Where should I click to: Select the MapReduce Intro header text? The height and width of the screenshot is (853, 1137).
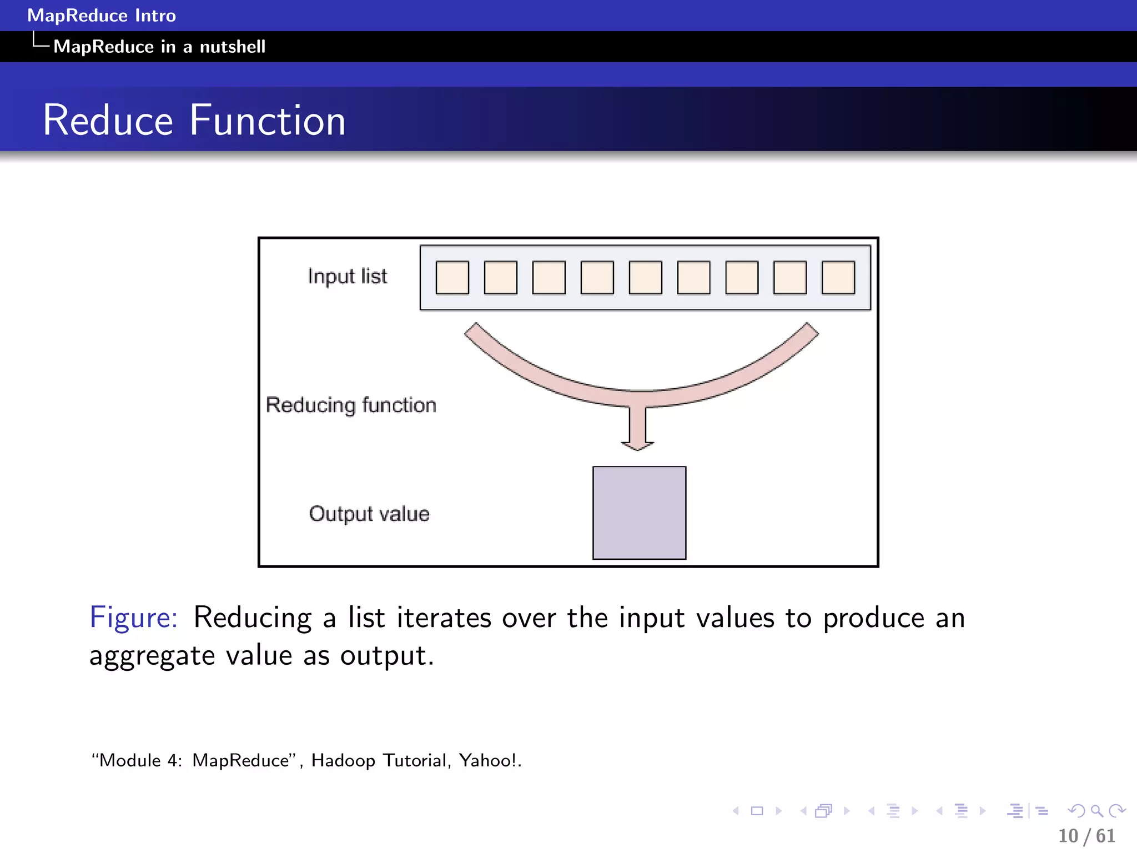(x=102, y=16)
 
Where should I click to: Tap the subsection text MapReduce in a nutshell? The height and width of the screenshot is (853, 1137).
(x=159, y=47)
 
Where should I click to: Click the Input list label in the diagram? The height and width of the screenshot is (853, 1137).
(x=348, y=276)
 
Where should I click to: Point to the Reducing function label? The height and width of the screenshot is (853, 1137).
(x=351, y=405)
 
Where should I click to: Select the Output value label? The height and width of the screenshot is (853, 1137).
(x=369, y=514)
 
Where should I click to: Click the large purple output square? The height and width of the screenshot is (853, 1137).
(x=639, y=513)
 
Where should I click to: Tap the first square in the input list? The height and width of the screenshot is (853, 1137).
(x=452, y=277)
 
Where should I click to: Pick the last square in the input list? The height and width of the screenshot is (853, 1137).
(x=838, y=277)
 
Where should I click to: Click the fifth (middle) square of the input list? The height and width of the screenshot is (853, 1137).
(x=645, y=277)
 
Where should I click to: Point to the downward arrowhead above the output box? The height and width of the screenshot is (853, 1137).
(x=637, y=444)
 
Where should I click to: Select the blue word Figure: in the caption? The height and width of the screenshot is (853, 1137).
(x=134, y=618)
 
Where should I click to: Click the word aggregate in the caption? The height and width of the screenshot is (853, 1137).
(x=152, y=656)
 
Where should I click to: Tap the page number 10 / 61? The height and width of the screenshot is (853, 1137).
(x=1086, y=836)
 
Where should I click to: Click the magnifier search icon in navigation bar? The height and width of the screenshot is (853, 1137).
(x=1096, y=811)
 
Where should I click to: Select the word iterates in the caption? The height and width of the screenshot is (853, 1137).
(x=444, y=618)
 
